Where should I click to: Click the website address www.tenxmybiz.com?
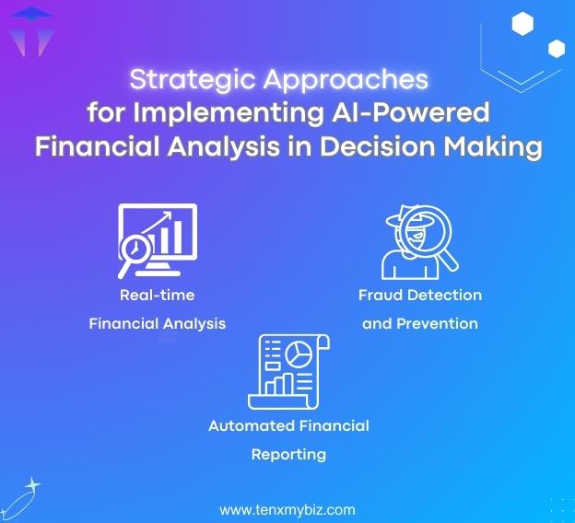point(287,509)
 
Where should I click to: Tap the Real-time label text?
point(157,296)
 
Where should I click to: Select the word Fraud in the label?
point(381,296)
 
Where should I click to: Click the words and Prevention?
point(419,323)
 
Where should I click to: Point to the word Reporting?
point(288,454)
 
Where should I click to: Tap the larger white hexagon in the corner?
point(523,24)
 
